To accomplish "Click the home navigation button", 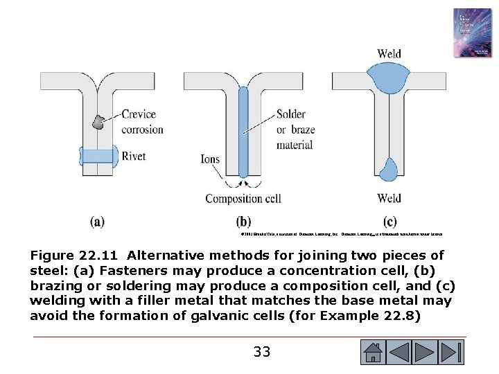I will tap(374, 353).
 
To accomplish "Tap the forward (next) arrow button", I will tap(426, 353).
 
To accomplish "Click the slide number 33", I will tap(262, 352).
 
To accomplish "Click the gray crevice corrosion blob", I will tap(99, 122).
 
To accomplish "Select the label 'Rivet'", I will tap(136, 156).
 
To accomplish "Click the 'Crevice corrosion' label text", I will tap(141, 122).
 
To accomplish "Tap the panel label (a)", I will tap(98, 222).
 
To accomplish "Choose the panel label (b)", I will tap(243, 222).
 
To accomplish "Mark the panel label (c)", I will tap(389, 222).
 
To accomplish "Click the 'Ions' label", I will tap(209, 159).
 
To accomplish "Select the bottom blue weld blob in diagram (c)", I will tap(389, 168).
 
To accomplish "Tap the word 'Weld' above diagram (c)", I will tap(389, 53).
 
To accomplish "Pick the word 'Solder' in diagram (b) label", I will tap(290, 115).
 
